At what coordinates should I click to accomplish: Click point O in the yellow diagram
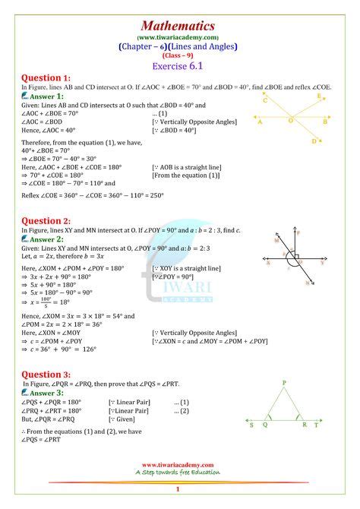pyautogui.click(x=290, y=119)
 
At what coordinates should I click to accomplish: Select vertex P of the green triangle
pyautogui.click(x=284, y=382)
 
